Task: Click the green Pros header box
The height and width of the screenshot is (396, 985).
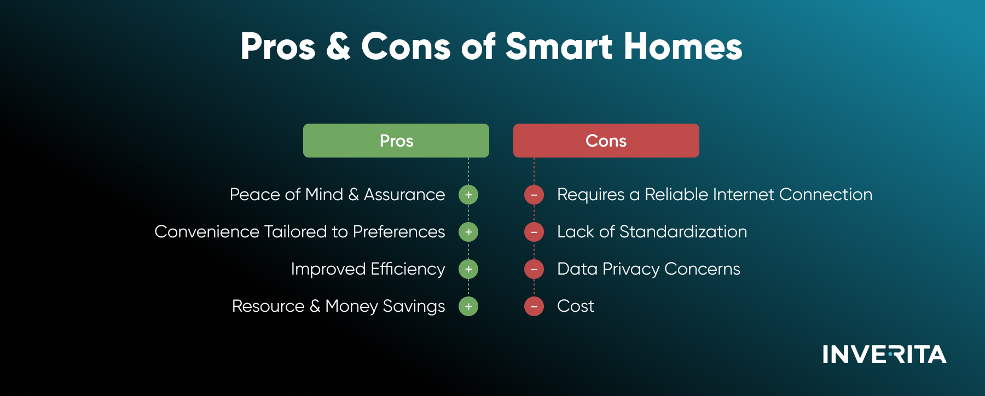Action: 396,141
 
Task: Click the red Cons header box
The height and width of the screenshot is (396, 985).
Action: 606,141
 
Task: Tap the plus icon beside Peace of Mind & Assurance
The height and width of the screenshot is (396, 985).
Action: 468,195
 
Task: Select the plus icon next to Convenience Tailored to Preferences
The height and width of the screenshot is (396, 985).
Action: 468,232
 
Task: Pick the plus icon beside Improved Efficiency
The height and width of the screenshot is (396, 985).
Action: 468,269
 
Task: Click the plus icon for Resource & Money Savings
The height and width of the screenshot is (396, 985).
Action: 468,306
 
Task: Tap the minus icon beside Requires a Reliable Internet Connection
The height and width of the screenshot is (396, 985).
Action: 534,195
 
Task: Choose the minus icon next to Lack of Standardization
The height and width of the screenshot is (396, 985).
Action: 534,232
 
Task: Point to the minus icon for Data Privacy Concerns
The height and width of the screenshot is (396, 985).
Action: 534,269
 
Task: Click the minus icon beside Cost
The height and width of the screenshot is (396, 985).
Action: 534,306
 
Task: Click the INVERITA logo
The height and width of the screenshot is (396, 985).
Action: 884,354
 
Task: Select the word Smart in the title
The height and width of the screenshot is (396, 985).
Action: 559,46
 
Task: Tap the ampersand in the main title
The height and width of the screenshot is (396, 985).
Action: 338,46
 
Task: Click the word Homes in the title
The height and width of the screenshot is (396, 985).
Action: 683,46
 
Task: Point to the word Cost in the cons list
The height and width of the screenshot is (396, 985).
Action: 576,306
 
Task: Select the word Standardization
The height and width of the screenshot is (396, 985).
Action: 683,232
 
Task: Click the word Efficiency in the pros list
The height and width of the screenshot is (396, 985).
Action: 408,270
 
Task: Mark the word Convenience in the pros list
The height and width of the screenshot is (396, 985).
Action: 207,232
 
